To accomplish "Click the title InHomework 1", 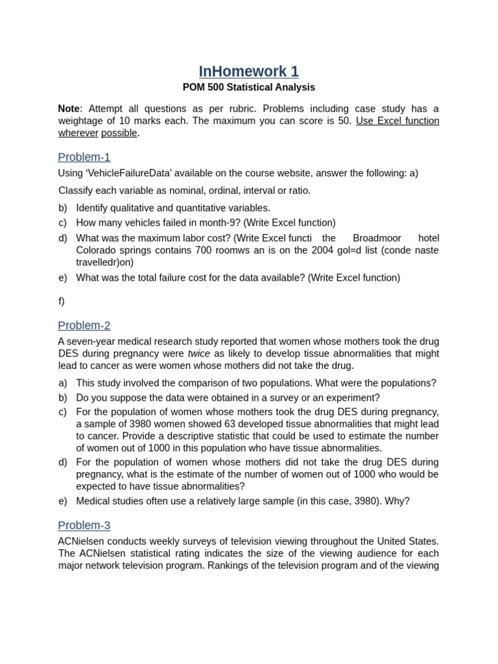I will pos(248,71).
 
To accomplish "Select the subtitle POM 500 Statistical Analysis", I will pos(248,87).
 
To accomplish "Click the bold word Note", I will pos(68,108).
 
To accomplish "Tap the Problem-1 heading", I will pos(84,157).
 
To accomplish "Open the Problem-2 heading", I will pos(84,326).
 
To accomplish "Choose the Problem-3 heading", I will pos(84,525).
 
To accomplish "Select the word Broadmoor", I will pos(377,238).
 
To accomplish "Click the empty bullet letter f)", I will pos(62,301).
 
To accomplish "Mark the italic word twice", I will pos(199,353).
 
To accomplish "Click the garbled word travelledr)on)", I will pos(105,263).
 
